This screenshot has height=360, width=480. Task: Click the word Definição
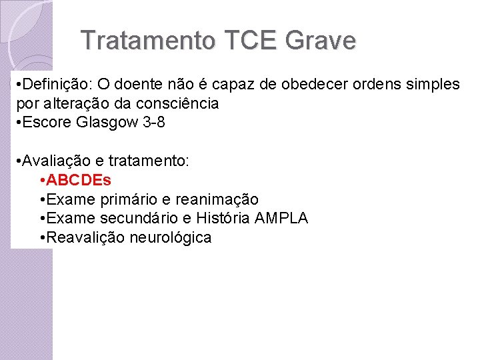56,85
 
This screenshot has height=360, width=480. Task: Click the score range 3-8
153,123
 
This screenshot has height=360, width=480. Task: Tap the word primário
129,199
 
